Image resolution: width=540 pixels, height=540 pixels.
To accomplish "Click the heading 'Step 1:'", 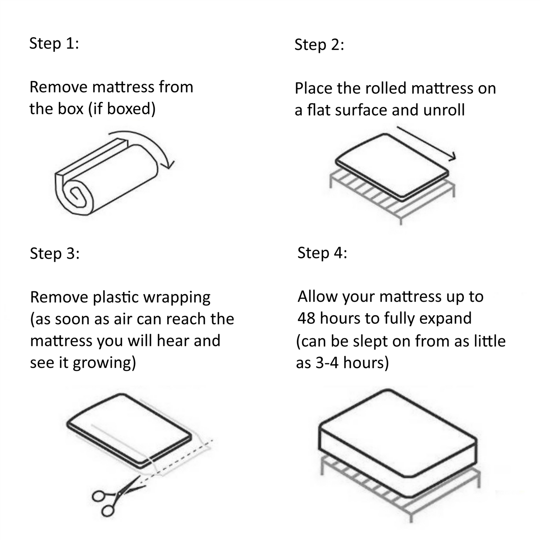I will pyautogui.click(x=54, y=43).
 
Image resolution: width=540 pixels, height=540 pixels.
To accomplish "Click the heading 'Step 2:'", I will pyautogui.click(x=319, y=45).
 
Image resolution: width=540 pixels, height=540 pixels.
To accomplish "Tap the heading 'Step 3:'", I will pyautogui.click(x=55, y=253).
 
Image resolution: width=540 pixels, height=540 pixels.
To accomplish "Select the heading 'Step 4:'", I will pyautogui.click(x=322, y=253).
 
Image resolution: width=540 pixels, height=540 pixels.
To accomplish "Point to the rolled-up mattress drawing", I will pyautogui.click(x=108, y=176).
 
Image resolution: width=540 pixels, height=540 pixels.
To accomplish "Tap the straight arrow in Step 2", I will pyautogui.click(x=426, y=144).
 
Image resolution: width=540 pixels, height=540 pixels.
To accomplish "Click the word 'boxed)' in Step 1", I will pyautogui.click(x=131, y=109).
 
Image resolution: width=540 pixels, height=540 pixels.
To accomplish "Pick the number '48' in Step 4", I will pyautogui.click(x=307, y=318).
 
